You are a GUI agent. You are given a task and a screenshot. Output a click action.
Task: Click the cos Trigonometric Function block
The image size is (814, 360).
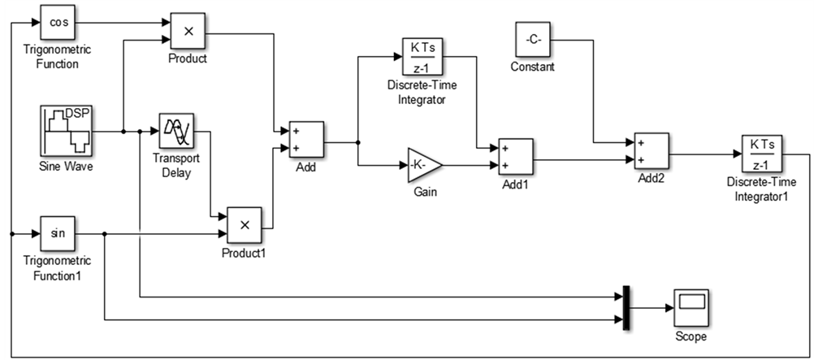click(x=58, y=23)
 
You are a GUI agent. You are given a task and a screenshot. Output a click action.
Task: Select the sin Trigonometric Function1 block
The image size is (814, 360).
click(x=58, y=234)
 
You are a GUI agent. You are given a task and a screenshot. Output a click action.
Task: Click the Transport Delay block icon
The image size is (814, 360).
click(x=176, y=131)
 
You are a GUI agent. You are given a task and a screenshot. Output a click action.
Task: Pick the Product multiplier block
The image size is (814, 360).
click(x=188, y=31)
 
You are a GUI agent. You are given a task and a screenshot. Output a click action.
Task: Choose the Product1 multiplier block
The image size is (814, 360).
click(x=245, y=225)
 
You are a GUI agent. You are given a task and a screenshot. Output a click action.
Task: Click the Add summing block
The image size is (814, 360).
click(x=307, y=139)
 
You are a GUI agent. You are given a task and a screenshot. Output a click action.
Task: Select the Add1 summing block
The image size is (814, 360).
click(x=516, y=156)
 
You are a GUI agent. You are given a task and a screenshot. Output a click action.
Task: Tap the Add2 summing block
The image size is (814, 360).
click(x=652, y=150)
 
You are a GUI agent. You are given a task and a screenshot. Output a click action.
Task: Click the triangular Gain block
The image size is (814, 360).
click(x=425, y=165)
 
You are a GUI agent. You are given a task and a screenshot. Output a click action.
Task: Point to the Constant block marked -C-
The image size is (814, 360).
click(x=533, y=40)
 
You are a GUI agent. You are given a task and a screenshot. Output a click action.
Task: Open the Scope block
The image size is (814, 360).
click(x=691, y=307)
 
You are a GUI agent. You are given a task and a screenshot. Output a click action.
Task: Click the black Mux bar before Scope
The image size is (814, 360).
click(x=626, y=307)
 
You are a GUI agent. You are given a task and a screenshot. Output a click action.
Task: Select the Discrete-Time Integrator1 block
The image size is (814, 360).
click(x=761, y=154)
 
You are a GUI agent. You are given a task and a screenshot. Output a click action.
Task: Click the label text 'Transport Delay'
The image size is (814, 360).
click(x=176, y=165)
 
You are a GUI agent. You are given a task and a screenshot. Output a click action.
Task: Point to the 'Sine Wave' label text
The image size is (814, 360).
click(x=67, y=167)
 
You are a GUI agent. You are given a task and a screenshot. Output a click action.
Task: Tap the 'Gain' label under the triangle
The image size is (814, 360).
click(x=425, y=193)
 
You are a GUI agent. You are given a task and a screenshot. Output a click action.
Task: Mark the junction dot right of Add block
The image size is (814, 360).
click(x=358, y=142)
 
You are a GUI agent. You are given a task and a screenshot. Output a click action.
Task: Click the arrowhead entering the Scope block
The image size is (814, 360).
click(x=669, y=307)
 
